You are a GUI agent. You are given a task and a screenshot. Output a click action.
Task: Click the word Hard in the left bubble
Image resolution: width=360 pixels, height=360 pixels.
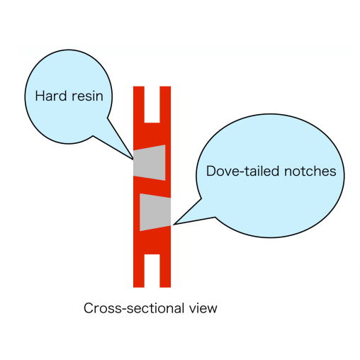click(51, 96)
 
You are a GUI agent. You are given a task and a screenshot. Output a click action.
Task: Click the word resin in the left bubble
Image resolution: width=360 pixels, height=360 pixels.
click(87, 96)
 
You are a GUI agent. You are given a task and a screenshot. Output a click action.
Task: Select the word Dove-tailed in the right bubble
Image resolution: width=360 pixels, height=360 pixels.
click(243, 171)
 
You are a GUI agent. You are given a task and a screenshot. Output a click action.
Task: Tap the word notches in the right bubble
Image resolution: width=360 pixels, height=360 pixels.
click(310, 171)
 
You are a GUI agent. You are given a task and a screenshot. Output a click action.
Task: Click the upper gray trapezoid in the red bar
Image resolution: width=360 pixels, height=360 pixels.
click(150, 162)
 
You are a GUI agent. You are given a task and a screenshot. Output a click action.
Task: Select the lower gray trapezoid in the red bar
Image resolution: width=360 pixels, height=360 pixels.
click(155, 212)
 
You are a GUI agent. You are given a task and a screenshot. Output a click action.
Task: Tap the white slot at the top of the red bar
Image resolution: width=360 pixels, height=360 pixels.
click(152, 104)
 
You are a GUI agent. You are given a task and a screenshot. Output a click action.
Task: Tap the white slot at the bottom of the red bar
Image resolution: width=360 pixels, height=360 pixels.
click(152, 271)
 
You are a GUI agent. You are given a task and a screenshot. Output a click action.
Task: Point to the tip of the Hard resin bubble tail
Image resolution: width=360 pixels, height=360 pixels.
click(133, 159)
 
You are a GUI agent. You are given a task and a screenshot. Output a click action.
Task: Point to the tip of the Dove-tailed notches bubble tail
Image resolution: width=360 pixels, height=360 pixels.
click(174, 225)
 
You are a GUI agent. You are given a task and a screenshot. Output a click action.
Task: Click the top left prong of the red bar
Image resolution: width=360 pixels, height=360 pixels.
click(139, 104)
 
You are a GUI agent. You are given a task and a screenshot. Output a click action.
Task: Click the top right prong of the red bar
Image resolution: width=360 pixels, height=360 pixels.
click(165, 104)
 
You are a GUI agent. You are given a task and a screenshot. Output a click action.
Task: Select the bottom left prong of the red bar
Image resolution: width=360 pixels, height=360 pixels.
click(139, 271)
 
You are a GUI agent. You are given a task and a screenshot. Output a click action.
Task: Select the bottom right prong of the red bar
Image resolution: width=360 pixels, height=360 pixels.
click(165, 271)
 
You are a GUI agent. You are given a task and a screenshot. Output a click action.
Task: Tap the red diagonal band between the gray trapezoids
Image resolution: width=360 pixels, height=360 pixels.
click(152, 187)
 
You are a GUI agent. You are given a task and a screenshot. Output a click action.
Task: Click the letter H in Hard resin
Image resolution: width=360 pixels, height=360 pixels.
click(39, 96)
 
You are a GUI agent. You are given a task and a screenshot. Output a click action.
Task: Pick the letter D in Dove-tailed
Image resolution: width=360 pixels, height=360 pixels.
click(210, 171)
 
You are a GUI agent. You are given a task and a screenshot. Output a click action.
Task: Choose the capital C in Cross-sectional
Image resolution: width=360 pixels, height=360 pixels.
click(89, 308)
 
